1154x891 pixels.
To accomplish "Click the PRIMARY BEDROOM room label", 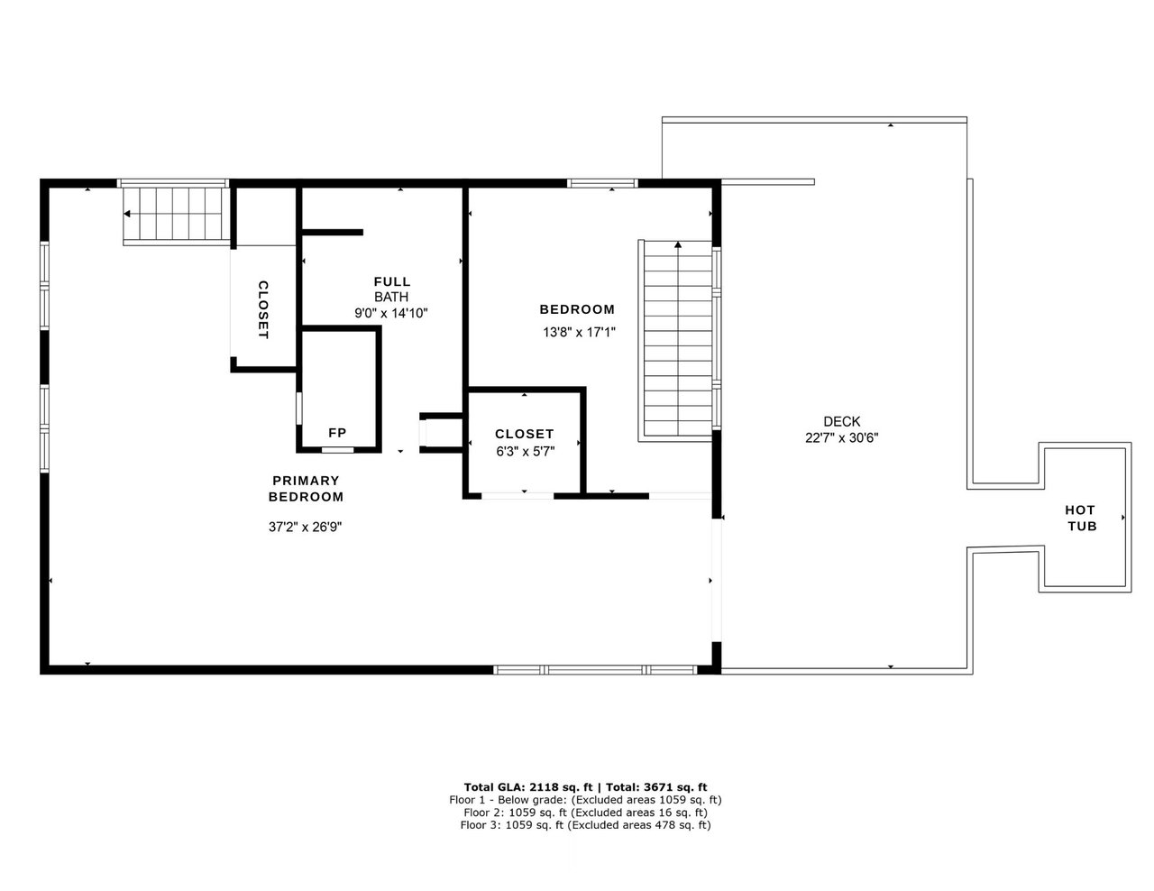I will coord(306,489).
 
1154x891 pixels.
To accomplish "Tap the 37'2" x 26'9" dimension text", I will coord(305,527).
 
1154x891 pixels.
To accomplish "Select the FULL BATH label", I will coord(391,289).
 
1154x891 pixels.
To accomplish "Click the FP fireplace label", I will coord(337,432).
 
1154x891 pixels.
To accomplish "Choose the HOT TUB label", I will coord(1082,518).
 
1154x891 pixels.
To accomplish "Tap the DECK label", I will coord(841,421).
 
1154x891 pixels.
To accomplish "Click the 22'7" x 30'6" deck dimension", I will coord(841,438).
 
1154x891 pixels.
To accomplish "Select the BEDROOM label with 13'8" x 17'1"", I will coord(577,309).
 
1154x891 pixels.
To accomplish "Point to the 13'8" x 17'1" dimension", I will coord(577,332).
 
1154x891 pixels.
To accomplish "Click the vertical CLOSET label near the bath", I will coord(263,309).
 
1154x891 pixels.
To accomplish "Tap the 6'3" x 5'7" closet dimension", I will coord(525,452).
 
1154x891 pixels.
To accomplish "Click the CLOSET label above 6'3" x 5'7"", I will coord(525,434).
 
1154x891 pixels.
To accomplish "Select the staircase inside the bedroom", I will coord(677,340).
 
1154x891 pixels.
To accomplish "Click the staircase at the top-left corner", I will coord(174,214).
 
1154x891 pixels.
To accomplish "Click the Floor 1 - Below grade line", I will coord(585,799).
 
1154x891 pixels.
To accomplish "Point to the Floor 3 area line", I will coord(585,824).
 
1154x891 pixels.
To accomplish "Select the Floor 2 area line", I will coord(585,812).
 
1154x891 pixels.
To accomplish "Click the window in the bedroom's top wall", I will coord(602,183).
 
